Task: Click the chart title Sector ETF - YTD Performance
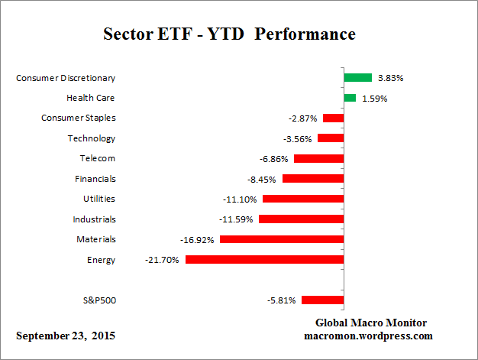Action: tap(229, 35)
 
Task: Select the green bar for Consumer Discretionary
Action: tap(357, 77)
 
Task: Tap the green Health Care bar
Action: tap(350, 98)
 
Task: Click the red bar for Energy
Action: tap(264, 260)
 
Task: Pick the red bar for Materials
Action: tap(281, 239)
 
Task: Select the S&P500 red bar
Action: tap(322, 300)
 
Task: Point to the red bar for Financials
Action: tap(312, 178)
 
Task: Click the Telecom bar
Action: tap(318, 158)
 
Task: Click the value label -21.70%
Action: tap(162, 260)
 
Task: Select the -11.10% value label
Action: tap(240, 199)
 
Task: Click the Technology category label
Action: tap(92, 138)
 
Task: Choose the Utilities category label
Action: tap(99, 199)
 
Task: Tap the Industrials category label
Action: tap(94, 219)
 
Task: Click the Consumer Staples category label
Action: tap(78, 118)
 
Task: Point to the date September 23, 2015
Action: tap(66, 336)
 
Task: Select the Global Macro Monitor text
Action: tap(372, 323)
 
